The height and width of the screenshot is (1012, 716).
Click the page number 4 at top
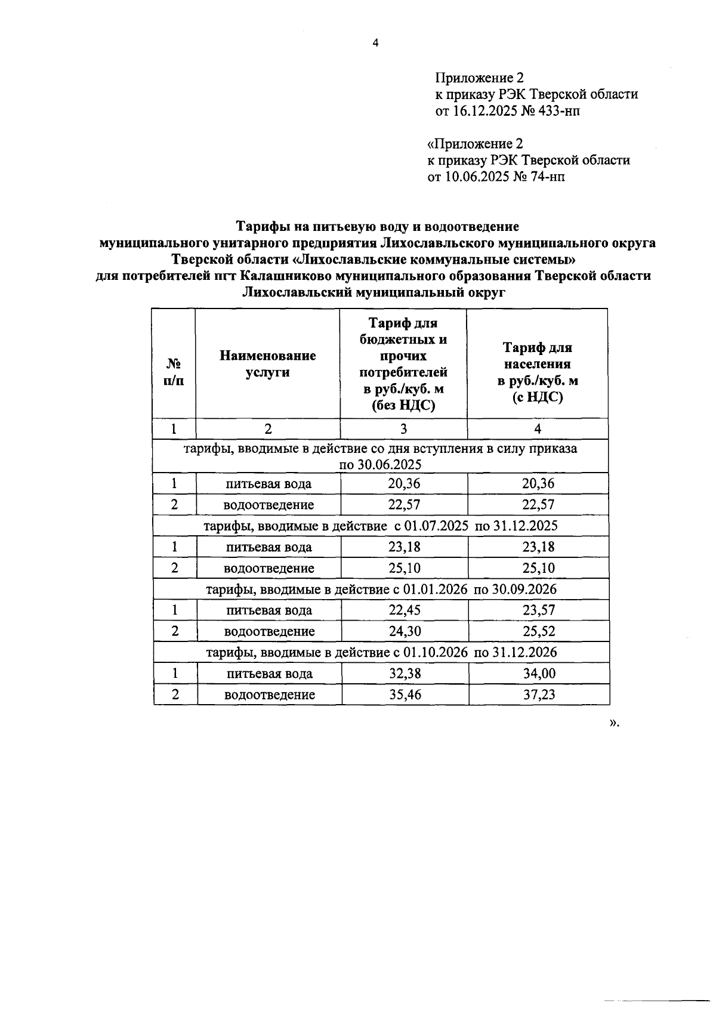(375, 42)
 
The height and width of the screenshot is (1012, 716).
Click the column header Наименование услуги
(267, 364)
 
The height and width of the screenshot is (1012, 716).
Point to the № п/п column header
(174, 372)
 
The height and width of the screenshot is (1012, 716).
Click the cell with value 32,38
(405, 674)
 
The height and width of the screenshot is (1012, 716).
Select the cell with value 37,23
(539, 695)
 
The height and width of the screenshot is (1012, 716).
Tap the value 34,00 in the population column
(539, 674)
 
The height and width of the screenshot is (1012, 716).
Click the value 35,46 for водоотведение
(405, 695)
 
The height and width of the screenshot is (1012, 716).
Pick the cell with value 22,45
(405, 610)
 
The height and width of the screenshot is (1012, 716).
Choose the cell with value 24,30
(405, 631)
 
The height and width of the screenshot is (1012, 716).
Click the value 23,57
(539, 610)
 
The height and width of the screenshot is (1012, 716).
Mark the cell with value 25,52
(539, 631)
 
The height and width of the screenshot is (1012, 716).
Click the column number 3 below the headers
(403, 429)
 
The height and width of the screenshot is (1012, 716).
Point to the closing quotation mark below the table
(612, 723)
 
